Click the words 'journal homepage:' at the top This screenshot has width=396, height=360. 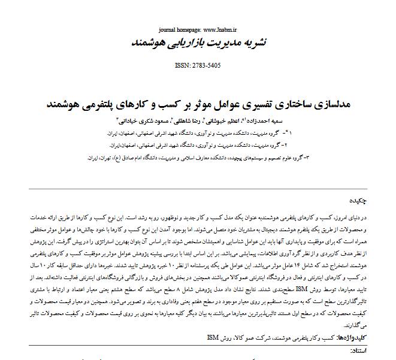coord(180,29)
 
